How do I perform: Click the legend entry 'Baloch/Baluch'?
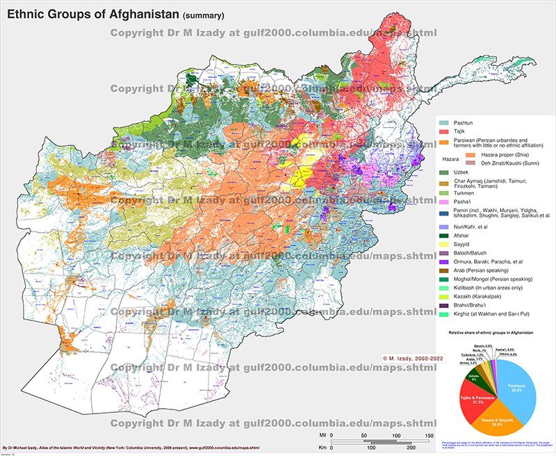pyautogui.click(x=473, y=255)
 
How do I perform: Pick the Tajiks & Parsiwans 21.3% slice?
pyautogui.click(x=468, y=399)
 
